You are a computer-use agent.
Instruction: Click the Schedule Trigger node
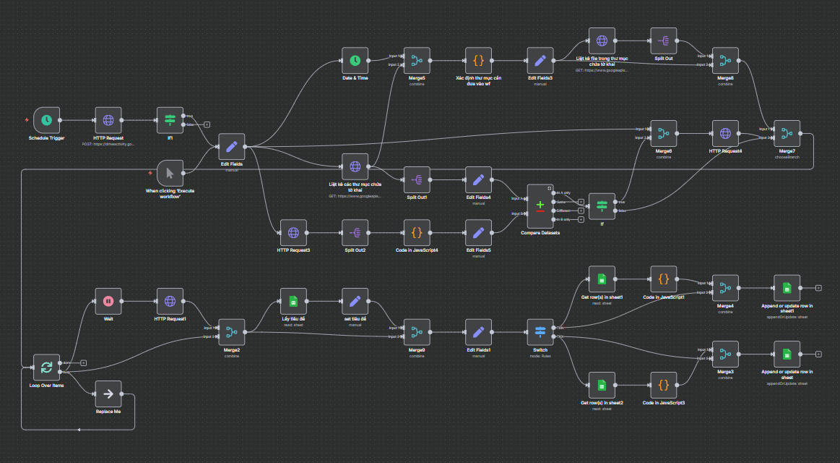(x=46, y=120)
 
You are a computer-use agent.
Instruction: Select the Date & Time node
(x=355, y=61)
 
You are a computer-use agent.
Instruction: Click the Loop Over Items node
(x=46, y=368)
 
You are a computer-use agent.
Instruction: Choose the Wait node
(x=108, y=301)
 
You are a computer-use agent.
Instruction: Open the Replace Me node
(x=108, y=394)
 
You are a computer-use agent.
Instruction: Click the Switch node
(x=540, y=332)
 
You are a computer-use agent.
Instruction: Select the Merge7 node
(x=787, y=133)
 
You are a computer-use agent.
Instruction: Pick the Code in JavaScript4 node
(x=416, y=232)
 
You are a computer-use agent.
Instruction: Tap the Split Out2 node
(x=355, y=232)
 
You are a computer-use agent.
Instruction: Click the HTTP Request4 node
(x=725, y=133)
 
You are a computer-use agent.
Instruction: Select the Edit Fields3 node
(x=540, y=61)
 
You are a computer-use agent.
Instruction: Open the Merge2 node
(x=231, y=332)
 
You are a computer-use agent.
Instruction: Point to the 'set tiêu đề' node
(x=355, y=301)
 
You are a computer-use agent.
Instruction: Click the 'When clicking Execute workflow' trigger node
(x=170, y=173)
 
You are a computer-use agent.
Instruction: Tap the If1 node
(x=170, y=120)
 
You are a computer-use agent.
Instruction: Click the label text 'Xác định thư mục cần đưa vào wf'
(x=478, y=80)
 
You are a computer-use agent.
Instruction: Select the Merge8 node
(x=725, y=61)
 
